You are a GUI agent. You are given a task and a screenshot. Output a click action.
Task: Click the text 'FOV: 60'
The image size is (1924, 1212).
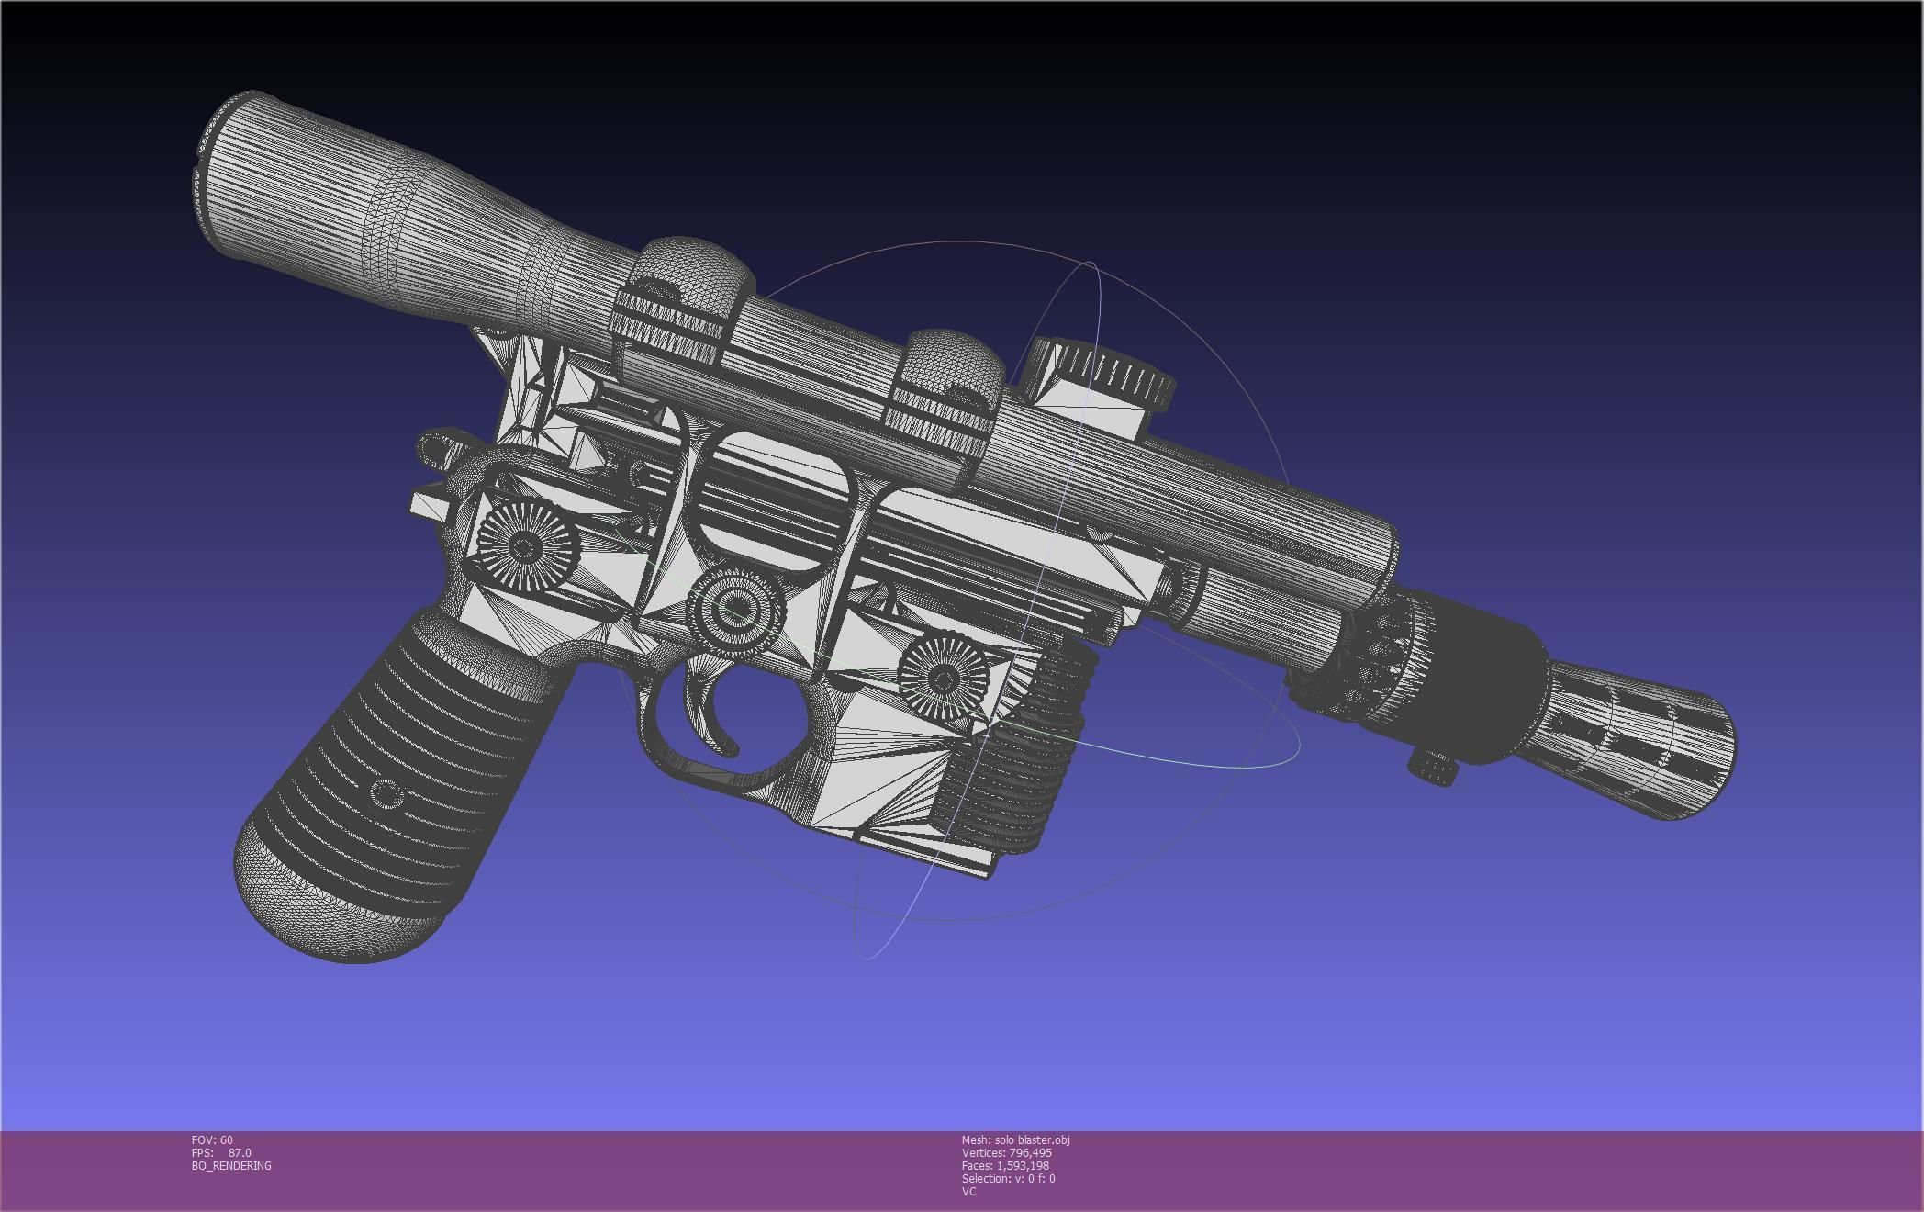point(212,1139)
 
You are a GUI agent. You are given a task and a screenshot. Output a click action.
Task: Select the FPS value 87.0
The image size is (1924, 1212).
point(240,1152)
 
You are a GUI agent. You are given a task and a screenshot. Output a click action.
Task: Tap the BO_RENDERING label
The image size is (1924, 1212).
point(231,1165)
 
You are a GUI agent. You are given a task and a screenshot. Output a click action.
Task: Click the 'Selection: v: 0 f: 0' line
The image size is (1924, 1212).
point(1008,1178)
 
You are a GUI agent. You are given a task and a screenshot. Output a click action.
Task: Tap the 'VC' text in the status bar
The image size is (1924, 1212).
point(968,1191)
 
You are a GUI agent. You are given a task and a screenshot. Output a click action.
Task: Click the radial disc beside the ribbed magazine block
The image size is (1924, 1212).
point(942,678)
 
